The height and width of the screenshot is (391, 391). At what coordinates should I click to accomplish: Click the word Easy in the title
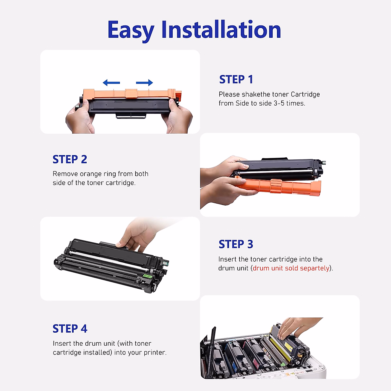(131, 30)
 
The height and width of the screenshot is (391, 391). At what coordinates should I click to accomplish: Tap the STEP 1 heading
(236, 79)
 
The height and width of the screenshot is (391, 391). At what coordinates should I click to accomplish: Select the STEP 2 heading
(70, 159)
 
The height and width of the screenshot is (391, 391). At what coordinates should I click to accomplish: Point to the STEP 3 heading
(236, 244)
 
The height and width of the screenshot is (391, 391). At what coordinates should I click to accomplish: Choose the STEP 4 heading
(70, 329)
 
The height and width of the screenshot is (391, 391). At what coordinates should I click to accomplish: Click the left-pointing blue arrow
(111, 82)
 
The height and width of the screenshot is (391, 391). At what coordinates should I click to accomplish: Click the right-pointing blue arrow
(144, 82)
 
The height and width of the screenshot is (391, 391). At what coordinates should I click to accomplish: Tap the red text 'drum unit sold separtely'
(291, 268)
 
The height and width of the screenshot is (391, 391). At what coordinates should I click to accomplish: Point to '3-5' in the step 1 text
(279, 103)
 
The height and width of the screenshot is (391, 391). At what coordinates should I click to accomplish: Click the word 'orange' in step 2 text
(91, 174)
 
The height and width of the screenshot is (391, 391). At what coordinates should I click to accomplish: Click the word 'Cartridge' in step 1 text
(305, 94)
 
